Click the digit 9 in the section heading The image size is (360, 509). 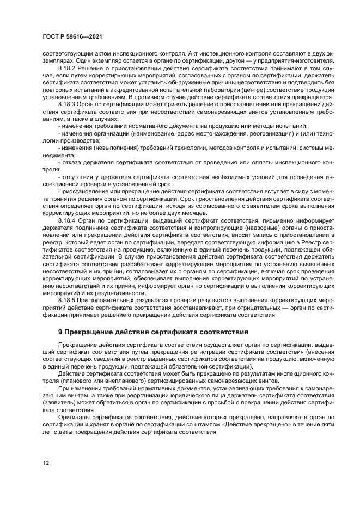[60, 332]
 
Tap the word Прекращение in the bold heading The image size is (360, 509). [91, 332]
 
